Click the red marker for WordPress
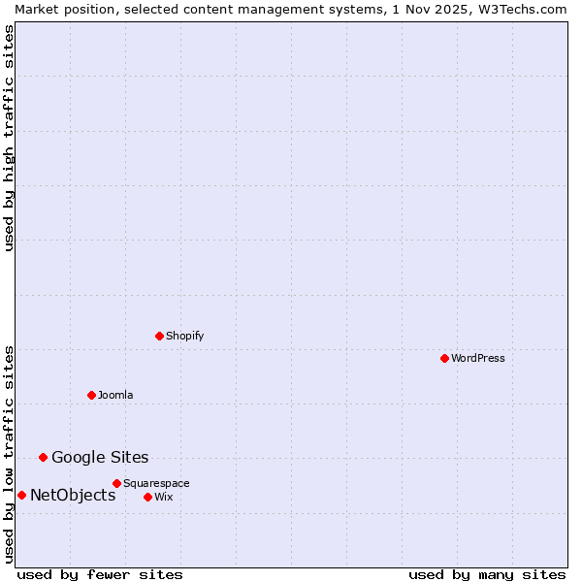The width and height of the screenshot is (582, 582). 444,358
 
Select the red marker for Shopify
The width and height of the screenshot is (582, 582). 159,336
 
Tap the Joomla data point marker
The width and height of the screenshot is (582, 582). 91,395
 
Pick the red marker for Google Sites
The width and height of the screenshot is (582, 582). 43,457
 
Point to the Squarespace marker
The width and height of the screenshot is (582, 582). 116,483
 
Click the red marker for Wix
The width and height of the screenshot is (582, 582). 147,497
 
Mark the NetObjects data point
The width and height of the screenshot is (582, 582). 21,495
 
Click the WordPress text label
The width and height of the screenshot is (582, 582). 478,358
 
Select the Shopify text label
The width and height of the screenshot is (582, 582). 185,336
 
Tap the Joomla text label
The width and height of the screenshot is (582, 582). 115,395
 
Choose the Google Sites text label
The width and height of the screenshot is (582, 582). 100,457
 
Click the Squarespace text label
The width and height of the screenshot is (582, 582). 156,483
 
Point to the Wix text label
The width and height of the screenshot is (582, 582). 164,497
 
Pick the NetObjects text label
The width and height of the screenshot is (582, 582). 73,495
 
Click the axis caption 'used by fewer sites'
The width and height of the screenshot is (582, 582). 100,574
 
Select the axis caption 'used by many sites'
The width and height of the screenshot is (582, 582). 487,574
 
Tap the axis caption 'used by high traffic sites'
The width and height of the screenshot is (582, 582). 9,138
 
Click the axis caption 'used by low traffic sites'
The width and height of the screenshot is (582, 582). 9,453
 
